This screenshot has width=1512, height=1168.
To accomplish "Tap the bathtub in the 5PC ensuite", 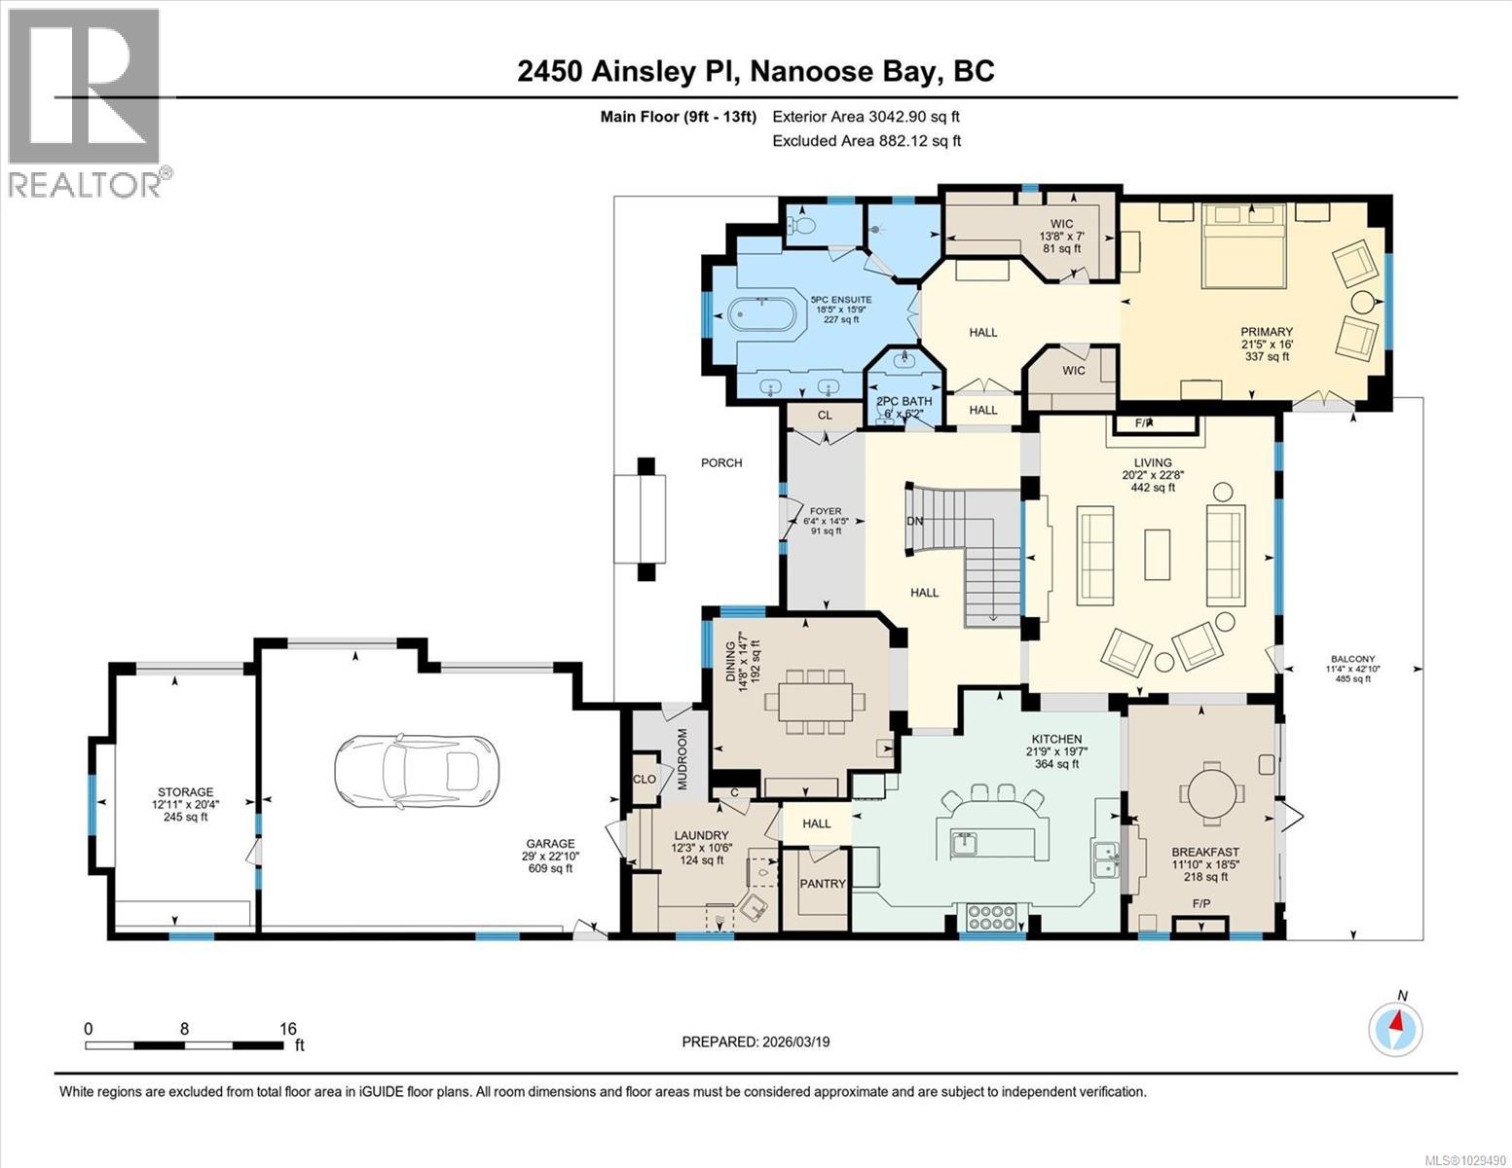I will click(x=762, y=316).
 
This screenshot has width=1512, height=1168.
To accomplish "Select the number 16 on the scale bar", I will click(x=287, y=1028).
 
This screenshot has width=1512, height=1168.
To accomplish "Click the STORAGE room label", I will click(x=185, y=792).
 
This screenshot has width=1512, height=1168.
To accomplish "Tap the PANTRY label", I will click(x=823, y=884).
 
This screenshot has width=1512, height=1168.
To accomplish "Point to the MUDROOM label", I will click(x=682, y=758).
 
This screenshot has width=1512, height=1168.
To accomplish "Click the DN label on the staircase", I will click(x=914, y=521).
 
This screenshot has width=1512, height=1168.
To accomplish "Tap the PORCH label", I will click(x=721, y=462).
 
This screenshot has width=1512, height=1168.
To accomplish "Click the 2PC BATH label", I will click(x=904, y=401).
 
